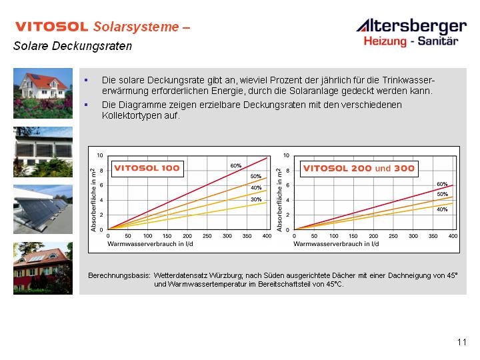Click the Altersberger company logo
click(412, 33)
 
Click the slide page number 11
click(462, 342)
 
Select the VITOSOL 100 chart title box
click(147, 169)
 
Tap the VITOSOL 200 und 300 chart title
click(359, 169)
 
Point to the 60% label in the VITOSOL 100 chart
click(236, 165)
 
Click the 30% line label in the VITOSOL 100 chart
click(256, 199)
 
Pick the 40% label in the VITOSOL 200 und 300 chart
click(442, 209)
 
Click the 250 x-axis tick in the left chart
click(207, 236)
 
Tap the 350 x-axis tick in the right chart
click(433, 236)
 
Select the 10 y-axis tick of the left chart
click(100, 155)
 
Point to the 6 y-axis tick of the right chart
click(287, 185)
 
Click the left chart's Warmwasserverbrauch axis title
click(150, 244)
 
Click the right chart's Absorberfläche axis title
click(279, 199)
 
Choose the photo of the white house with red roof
click(43, 93)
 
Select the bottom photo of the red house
click(43, 269)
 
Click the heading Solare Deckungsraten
click(73, 46)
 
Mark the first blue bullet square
click(86, 80)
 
